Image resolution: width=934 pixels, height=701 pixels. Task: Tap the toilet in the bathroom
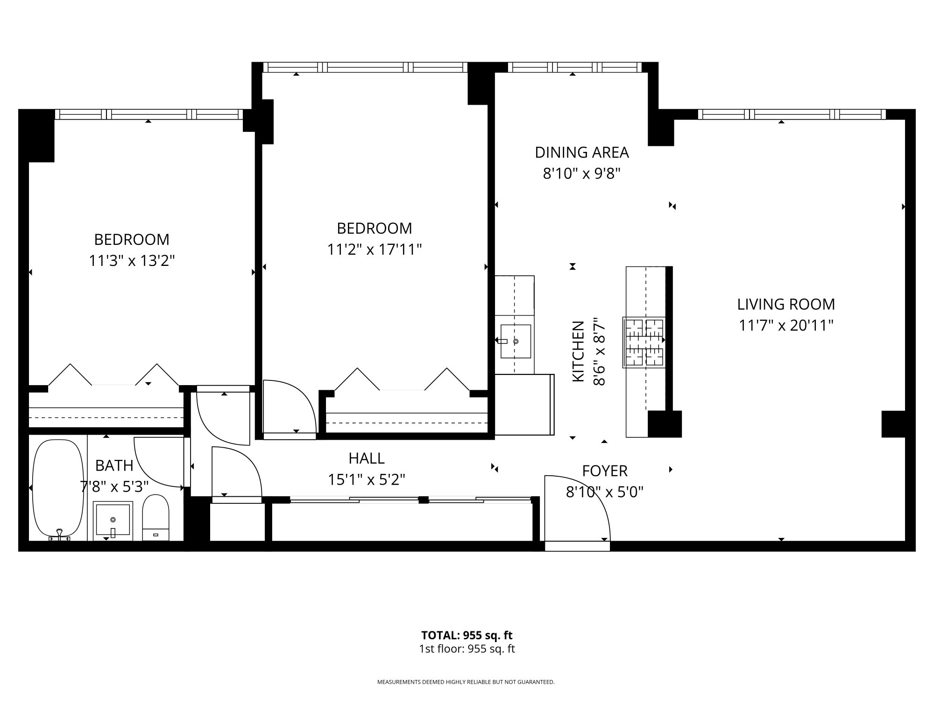[x=155, y=518]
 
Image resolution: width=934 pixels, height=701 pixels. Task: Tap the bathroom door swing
[x=159, y=463]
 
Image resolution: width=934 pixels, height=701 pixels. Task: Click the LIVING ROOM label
[x=786, y=304]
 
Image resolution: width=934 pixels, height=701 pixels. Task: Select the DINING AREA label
[x=582, y=152]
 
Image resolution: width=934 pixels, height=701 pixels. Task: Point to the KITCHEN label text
[x=578, y=351]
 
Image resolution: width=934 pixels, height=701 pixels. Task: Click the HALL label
[x=367, y=458]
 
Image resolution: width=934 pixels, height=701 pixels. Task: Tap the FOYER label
[x=605, y=471]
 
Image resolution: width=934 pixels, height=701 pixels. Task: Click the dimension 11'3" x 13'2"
[x=132, y=260]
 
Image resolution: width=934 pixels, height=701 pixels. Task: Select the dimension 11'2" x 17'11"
[x=375, y=250]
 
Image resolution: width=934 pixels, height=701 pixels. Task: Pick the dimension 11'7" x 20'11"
[x=786, y=325]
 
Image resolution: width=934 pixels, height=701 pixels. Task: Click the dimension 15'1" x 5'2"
[x=367, y=479]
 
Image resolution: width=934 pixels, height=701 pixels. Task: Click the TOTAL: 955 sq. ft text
[x=467, y=635]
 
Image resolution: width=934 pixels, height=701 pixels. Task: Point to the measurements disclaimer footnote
[x=466, y=682]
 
